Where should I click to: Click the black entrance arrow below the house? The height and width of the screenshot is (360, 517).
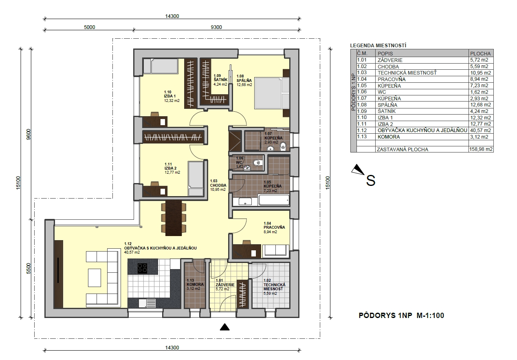(224, 327)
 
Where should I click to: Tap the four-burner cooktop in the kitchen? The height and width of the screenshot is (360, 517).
(143, 268)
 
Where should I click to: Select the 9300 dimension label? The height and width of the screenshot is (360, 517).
(216, 27)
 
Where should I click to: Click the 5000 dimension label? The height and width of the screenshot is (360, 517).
(89, 27)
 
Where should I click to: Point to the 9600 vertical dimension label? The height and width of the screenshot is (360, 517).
(29, 135)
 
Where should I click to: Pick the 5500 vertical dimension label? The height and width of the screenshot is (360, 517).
(29, 269)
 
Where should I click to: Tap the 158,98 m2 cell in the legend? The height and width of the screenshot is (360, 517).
(481, 149)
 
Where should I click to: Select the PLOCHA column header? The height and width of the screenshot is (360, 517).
(480, 53)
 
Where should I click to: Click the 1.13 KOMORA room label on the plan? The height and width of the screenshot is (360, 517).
(195, 285)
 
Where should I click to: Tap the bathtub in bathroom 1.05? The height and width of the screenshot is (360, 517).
(274, 200)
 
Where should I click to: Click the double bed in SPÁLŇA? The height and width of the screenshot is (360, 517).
(272, 93)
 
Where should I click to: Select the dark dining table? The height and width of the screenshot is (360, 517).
(174, 218)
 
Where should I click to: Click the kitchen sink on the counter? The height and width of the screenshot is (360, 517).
(147, 303)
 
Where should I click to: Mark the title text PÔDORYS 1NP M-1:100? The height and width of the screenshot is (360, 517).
(401, 316)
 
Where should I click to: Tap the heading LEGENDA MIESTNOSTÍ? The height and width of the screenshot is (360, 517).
(378, 46)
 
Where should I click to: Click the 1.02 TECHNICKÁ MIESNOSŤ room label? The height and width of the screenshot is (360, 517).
(275, 287)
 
